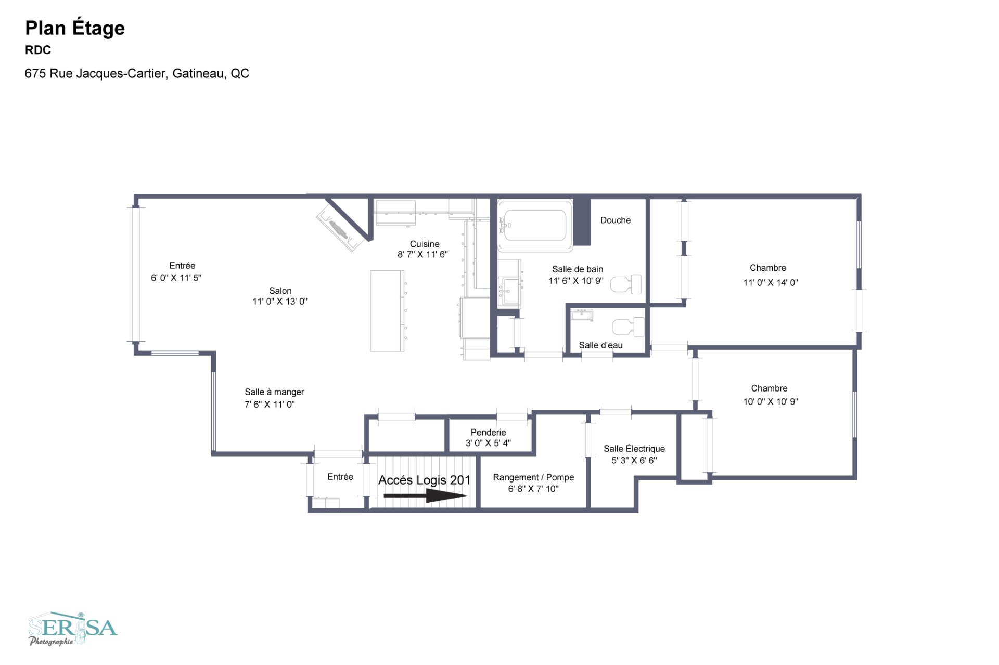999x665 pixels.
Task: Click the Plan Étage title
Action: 75,29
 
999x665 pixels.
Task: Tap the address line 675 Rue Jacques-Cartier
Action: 137,73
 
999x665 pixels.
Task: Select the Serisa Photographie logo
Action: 73,629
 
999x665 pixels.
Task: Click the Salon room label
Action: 280,291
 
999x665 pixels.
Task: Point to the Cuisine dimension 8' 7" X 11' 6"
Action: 422,254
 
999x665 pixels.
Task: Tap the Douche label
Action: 615,220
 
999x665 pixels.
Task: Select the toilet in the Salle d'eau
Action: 629,327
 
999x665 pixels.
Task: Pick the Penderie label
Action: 488,432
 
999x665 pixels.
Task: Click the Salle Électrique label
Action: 634,448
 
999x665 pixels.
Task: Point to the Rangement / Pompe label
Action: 533,477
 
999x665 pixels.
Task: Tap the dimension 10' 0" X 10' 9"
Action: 771,401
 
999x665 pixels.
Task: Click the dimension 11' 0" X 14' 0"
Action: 771,282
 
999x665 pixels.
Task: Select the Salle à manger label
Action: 274,392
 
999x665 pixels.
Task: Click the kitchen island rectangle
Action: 388,311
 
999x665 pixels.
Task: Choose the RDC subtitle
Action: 38,50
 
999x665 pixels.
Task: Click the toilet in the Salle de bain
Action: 626,284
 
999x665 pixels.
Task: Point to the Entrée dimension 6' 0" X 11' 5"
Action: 176,278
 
